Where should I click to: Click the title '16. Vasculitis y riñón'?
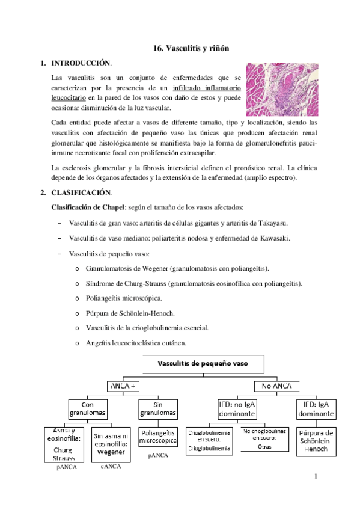[x=188, y=47]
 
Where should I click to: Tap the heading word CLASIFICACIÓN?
[x=81, y=192]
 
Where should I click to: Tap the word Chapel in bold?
[x=117, y=207]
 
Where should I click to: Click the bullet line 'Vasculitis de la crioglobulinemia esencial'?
[x=147, y=328]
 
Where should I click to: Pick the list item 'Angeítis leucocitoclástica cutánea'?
[x=136, y=343]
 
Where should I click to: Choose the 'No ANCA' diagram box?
[x=273, y=386]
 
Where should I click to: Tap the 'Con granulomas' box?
[x=88, y=409]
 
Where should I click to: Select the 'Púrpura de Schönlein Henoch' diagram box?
[x=317, y=441]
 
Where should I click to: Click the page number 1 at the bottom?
[x=314, y=478]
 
